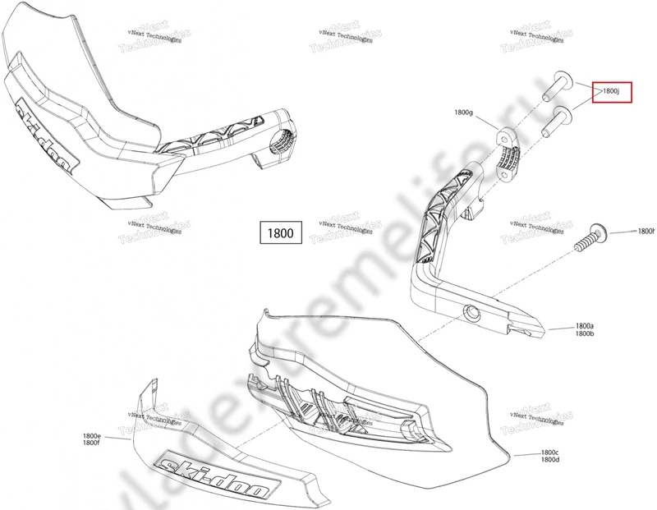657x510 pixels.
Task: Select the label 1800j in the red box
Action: click(x=613, y=91)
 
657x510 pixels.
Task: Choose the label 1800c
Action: click(x=549, y=453)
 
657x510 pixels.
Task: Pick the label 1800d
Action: click(x=549, y=462)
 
